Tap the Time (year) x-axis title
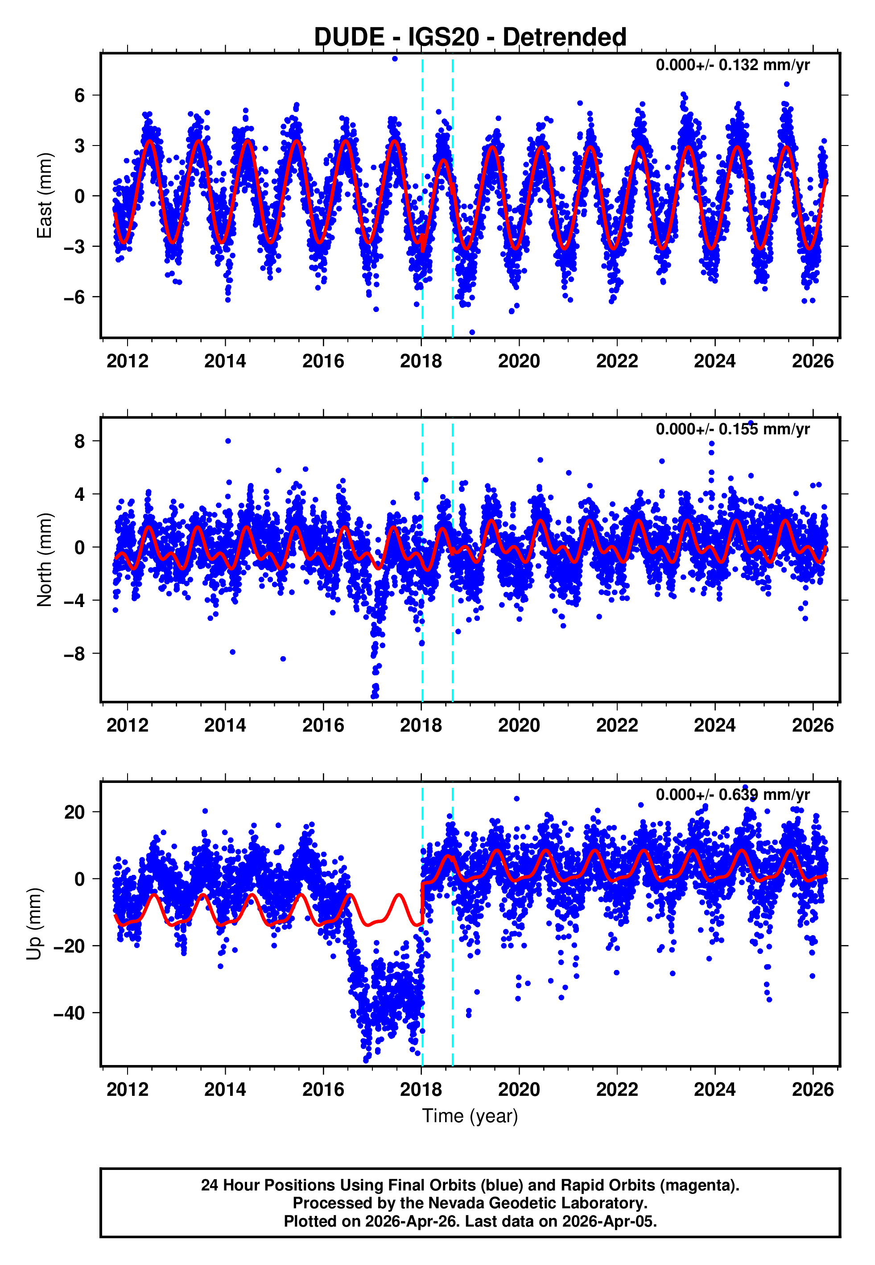(x=470, y=1116)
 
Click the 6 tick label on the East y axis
(x=80, y=96)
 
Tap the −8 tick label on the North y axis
(x=74, y=654)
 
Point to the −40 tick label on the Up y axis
(x=68, y=1013)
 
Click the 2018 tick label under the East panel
(x=421, y=362)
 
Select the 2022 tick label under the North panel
(x=617, y=726)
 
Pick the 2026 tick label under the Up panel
(x=813, y=1090)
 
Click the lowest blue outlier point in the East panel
(x=472, y=333)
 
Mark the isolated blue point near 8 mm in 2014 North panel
(x=228, y=441)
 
